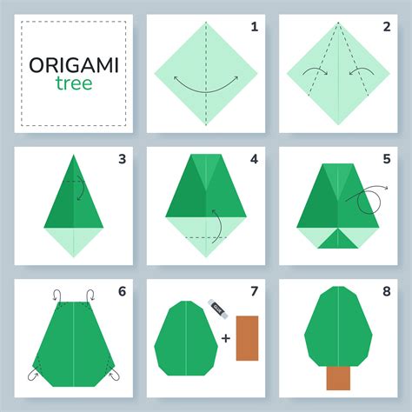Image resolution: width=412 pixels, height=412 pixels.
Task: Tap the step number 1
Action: (x=254, y=27)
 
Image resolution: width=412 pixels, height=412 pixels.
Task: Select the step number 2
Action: (x=385, y=27)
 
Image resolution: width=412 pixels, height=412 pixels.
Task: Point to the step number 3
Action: (x=122, y=159)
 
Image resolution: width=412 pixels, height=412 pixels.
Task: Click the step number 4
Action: (x=254, y=159)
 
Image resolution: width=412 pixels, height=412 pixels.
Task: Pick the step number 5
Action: (x=385, y=159)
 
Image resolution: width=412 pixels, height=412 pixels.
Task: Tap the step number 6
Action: (x=122, y=291)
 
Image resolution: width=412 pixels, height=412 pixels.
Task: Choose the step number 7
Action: (x=254, y=291)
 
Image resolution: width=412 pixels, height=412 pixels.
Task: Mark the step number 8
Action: (x=385, y=291)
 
